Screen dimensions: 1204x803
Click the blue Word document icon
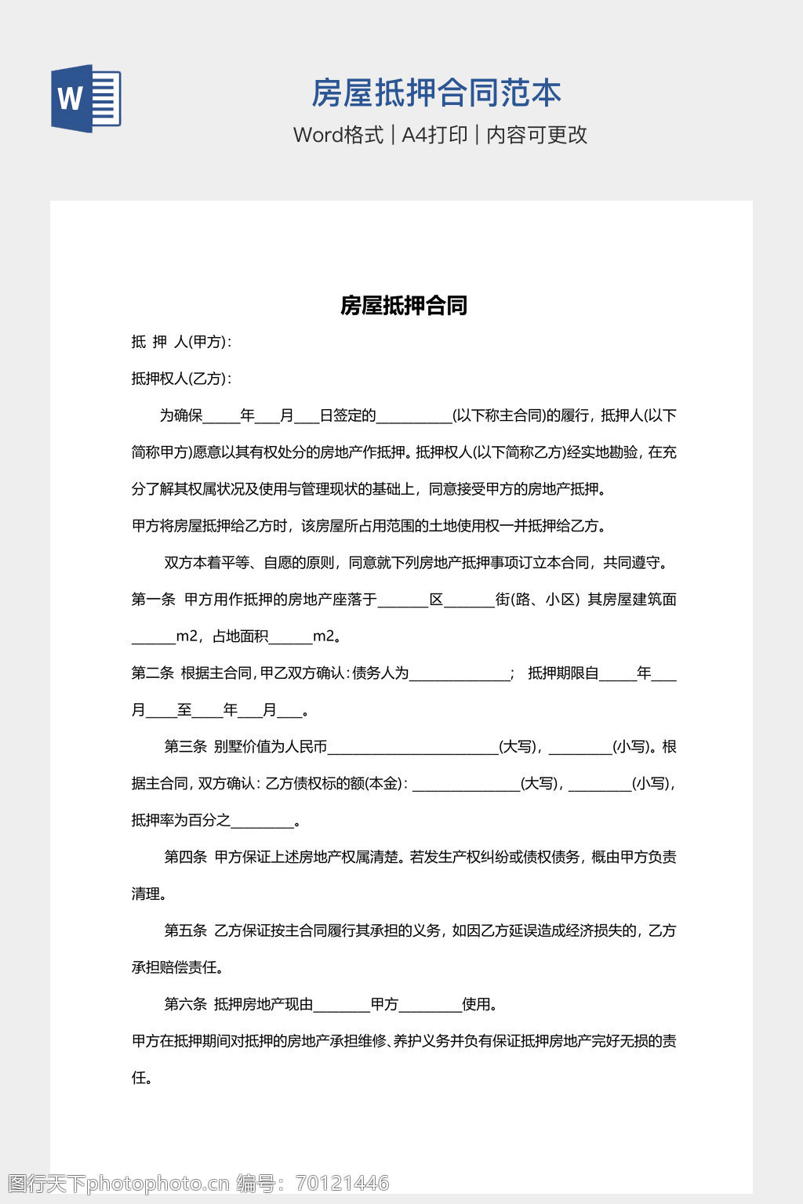(x=86, y=98)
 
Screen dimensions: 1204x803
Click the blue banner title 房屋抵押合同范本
(x=436, y=93)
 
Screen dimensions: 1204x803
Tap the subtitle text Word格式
(x=338, y=135)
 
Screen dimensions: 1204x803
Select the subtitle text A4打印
(x=434, y=135)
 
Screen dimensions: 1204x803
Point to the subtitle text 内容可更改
(x=536, y=135)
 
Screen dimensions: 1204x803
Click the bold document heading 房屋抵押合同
(x=403, y=306)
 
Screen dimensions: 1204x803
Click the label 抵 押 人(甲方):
(x=181, y=342)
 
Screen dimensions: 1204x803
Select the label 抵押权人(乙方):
(x=181, y=379)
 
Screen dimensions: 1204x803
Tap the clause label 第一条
(x=153, y=600)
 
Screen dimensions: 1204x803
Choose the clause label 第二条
(x=152, y=673)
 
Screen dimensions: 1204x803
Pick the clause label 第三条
(x=185, y=747)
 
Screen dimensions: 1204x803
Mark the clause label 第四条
(x=185, y=858)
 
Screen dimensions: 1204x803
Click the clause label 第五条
(x=185, y=931)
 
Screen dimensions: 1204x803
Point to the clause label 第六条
(x=185, y=1005)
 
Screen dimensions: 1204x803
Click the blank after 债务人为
(x=460, y=675)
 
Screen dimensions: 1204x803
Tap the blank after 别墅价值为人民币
(x=412, y=749)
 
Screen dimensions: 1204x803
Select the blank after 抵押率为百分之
(x=262, y=822)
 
